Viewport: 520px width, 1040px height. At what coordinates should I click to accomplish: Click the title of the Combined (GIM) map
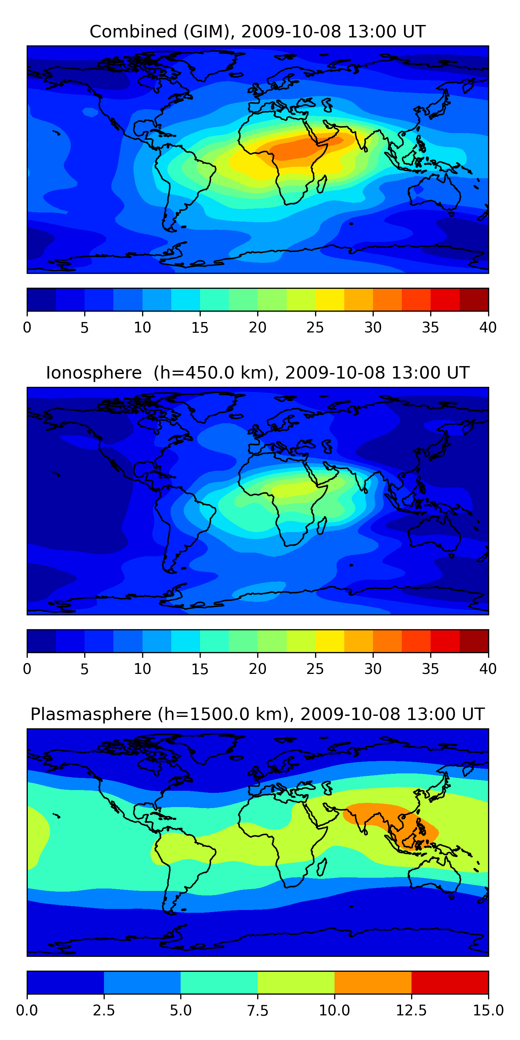click(258, 32)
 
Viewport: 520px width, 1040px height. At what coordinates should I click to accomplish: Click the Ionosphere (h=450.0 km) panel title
click(258, 373)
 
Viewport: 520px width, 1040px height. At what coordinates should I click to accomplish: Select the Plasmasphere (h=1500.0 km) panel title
click(258, 714)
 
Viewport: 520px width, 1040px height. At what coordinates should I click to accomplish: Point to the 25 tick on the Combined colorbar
click(315, 327)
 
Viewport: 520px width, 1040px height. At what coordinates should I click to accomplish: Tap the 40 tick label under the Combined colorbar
click(488, 327)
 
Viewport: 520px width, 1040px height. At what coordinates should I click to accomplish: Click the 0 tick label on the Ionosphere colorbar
click(27, 669)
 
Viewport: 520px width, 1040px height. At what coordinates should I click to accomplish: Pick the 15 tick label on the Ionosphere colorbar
click(200, 669)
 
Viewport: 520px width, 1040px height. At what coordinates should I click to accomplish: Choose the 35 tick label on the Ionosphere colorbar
click(430, 669)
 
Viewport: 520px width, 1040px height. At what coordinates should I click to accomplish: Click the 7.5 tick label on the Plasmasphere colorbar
click(258, 1010)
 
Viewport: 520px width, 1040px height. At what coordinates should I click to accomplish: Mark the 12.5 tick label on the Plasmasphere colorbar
click(411, 1010)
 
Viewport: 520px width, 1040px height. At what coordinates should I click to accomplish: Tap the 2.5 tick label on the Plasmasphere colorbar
click(104, 1010)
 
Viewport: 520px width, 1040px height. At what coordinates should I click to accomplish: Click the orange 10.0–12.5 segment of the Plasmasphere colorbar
click(373, 982)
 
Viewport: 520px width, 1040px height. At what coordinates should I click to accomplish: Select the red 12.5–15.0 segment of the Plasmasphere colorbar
click(450, 982)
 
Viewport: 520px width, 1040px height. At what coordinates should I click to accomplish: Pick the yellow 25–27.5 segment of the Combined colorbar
click(329, 300)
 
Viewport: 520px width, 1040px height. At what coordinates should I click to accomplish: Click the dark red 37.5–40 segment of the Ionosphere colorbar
click(474, 641)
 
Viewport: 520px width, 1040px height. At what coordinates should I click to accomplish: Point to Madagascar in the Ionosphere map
click(322, 526)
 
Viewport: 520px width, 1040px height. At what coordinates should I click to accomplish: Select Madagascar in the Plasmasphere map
click(322, 867)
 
